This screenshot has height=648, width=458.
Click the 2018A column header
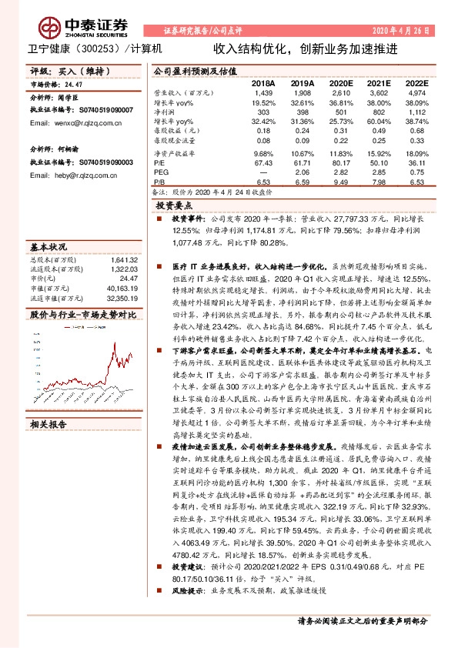pyautogui.click(x=263, y=82)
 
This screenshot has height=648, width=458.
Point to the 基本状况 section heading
pyautogui.click(x=48, y=247)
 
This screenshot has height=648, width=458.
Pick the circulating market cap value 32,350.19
pyautogui.click(x=122, y=297)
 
